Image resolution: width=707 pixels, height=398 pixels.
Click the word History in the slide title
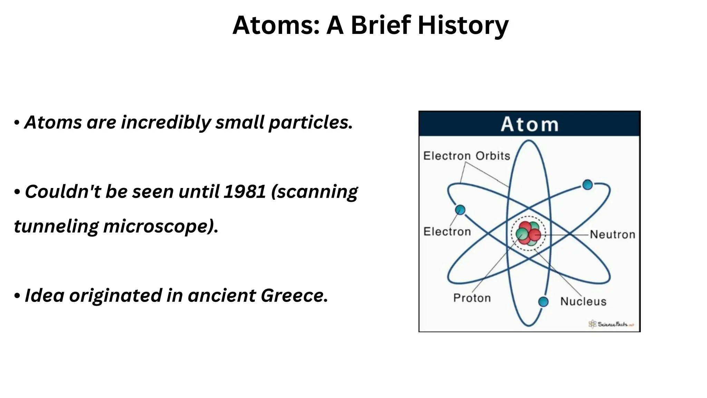click(463, 26)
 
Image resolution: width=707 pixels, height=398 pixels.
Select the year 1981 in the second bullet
click(244, 192)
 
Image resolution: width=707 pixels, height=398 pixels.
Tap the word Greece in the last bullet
click(294, 296)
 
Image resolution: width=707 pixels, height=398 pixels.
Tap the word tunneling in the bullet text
click(56, 227)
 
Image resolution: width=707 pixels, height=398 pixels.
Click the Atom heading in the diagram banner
click(529, 124)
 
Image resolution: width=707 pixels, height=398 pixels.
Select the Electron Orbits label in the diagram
click(466, 156)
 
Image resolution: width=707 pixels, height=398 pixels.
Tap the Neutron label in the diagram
click(612, 235)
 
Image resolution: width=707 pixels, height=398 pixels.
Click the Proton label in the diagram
click(472, 298)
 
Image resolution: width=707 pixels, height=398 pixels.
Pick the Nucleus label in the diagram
click(583, 301)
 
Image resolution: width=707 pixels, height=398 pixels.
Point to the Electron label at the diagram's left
click(447, 231)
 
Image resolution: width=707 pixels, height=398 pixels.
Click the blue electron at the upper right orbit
click(587, 185)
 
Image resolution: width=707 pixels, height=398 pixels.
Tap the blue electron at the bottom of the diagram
click(543, 302)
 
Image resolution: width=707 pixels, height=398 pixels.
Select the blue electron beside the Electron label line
click(460, 210)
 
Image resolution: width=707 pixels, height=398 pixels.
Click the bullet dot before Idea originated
click(17, 296)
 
